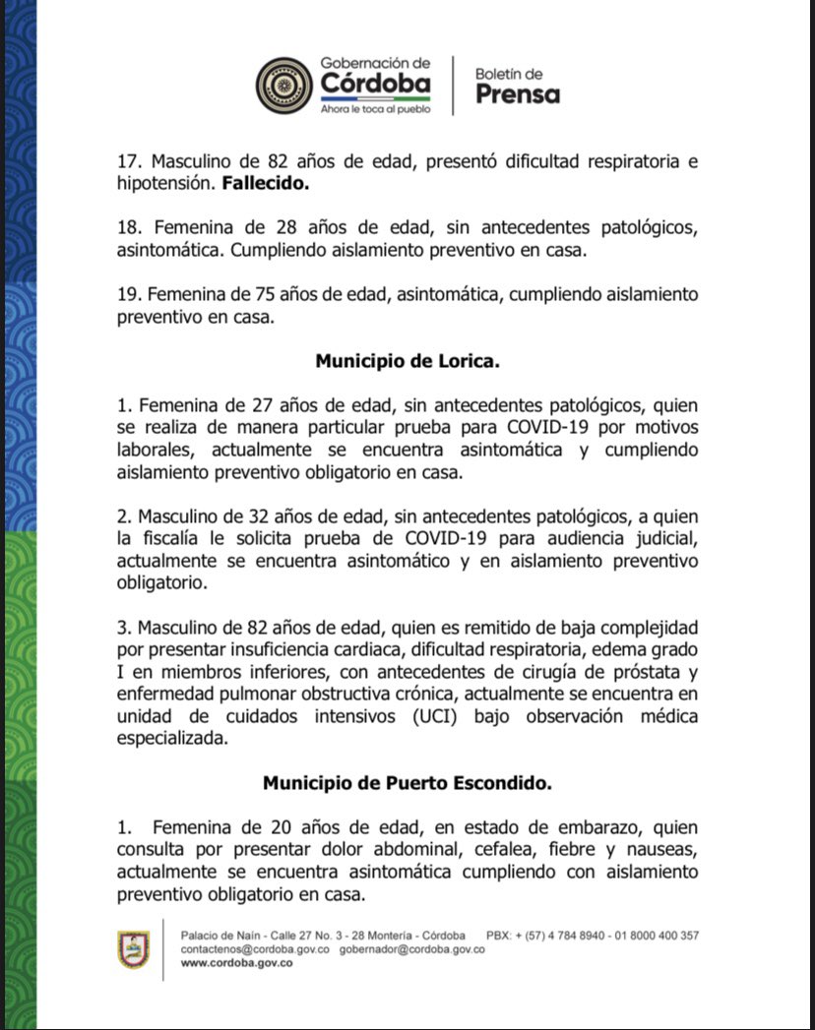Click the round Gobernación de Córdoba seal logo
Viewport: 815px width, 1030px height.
[284, 86]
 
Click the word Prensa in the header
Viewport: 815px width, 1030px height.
[518, 94]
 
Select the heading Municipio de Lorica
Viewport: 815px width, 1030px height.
[407, 361]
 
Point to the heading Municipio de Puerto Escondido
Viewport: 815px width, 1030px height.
[407, 784]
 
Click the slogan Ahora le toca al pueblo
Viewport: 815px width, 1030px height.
[375, 109]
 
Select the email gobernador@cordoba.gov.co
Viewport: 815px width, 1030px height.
[411, 949]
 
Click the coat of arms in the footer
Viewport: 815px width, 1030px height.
[133, 948]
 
